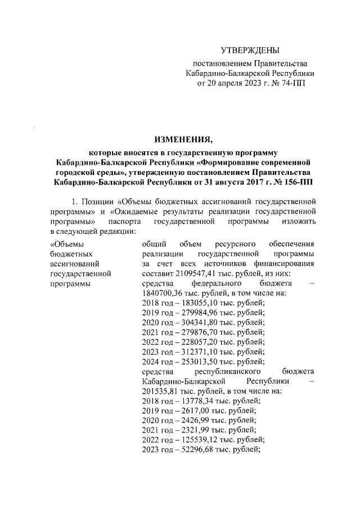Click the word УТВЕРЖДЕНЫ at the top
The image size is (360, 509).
coord(250,51)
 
